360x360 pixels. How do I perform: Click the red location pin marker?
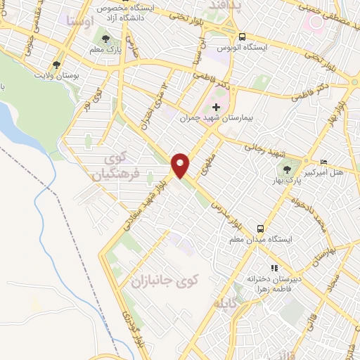pyautogui.click(x=181, y=165)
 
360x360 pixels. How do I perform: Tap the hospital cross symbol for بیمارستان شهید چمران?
pyautogui.click(x=216, y=107)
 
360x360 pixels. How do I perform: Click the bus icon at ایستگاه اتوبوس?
pyautogui.click(x=242, y=37)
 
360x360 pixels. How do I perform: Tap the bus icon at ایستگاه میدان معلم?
pyautogui.click(x=260, y=229)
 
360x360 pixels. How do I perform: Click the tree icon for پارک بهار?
pyautogui.click(x=285, y=168)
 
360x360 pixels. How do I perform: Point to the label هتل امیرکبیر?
pyautogui.click(x=327, y=173)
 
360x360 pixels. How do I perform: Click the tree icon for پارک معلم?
pyautogui.click(x=105, y=39)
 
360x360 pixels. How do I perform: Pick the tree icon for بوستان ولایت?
pyautogui.click(x=57, y=64)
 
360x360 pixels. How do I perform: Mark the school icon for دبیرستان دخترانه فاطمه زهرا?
pyautogui.click(x=275, y=268)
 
